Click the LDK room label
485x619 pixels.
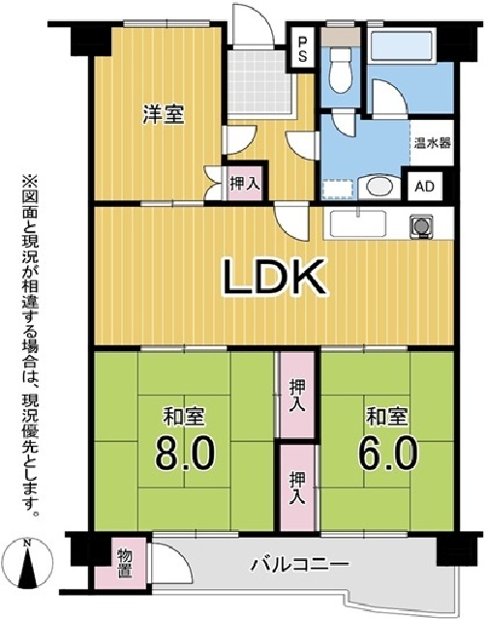pyautogui.click(x=273, y=279)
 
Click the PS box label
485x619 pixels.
pyautogui.click(x=303, y=47)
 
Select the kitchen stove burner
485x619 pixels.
pyautogui.click(x=422, y=225)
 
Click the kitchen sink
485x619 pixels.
pyautogui.click(x=358, y=224)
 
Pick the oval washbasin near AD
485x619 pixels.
pyautogui.click(x=379, y=185)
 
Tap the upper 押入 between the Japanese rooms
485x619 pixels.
pyautogui.click(x=297, y=398)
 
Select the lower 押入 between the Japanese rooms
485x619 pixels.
pyautogui.click(x=297, y=486)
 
